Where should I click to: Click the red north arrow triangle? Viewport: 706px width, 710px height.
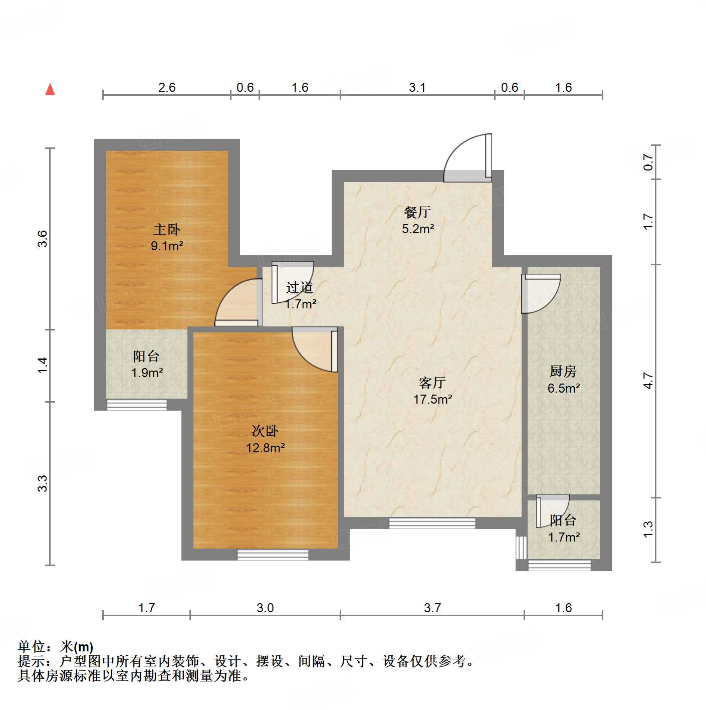coord(50,89)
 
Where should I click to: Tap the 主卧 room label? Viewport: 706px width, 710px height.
coord(166,230)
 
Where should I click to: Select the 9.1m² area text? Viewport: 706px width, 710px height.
coord(167,246)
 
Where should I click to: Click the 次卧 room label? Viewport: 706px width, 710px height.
coord(265,431)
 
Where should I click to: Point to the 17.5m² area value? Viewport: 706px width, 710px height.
coord(432,400)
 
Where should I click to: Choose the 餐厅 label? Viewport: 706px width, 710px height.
coord(417,212)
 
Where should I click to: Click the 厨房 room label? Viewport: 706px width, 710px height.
coord(563,372)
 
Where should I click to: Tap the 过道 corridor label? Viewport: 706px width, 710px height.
coord(300,288)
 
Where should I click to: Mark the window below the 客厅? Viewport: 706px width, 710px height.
coord(432,523)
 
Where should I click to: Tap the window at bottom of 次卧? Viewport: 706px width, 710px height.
coord(273,555)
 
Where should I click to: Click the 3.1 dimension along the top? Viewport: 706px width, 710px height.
coord(417,88)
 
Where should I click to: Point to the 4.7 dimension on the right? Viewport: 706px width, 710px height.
coord(648,381)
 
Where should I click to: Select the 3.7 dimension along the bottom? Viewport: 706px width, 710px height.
coord(432,608)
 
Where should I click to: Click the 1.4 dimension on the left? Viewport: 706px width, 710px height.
coord(43,365)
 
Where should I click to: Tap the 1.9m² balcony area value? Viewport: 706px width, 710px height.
coord(147,373)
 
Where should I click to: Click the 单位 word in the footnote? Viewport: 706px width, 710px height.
coord(32,647)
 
